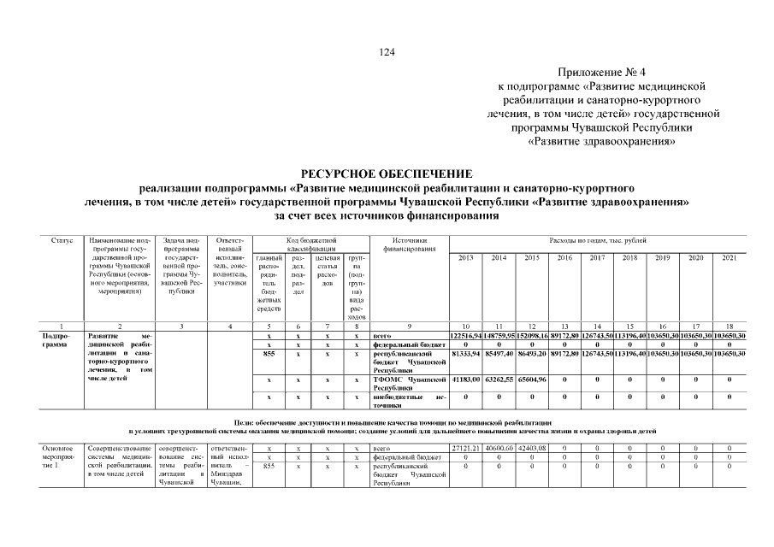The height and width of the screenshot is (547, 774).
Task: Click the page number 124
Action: pos(387,53)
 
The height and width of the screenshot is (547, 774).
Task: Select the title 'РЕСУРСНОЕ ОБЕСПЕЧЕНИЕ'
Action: pos(387,174)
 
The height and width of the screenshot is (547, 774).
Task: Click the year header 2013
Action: pos(466,257)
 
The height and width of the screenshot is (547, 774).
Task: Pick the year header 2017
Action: pos(597,257)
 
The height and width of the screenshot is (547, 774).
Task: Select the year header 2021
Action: pos(729,257)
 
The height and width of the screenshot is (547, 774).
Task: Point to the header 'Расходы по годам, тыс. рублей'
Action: pos(597,242)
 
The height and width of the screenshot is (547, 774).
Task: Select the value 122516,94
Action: pos(466,336)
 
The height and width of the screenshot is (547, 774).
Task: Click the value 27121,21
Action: pos(466,448)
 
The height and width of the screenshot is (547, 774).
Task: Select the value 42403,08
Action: pos(531,448)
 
